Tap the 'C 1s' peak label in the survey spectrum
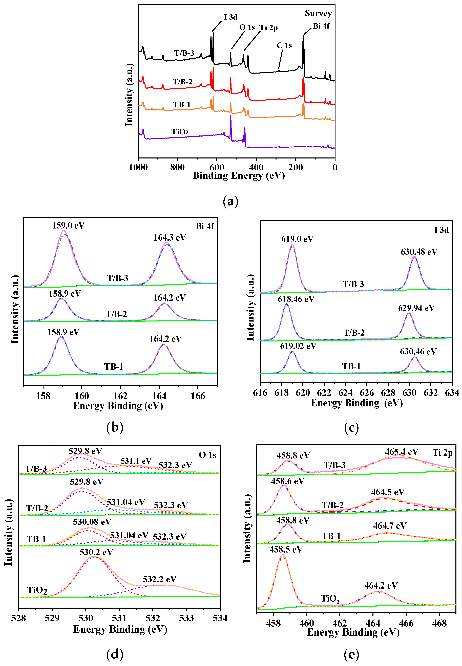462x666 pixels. [284, 45]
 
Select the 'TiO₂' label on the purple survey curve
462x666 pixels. [180, 132]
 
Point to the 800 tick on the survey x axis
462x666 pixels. [177, 167]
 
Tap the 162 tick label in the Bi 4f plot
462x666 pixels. [120, 396]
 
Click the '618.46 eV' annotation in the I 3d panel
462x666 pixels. [296, 299]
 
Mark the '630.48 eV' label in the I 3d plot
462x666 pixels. [419, 252]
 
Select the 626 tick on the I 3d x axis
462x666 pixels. [367, 393]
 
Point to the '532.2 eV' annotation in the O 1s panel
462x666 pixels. [159, 579]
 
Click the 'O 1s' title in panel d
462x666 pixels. [207, 455]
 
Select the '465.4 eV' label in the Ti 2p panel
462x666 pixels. [402, 452]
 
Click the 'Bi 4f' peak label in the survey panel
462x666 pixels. [321, 26]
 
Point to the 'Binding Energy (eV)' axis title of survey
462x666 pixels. [239, 176]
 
